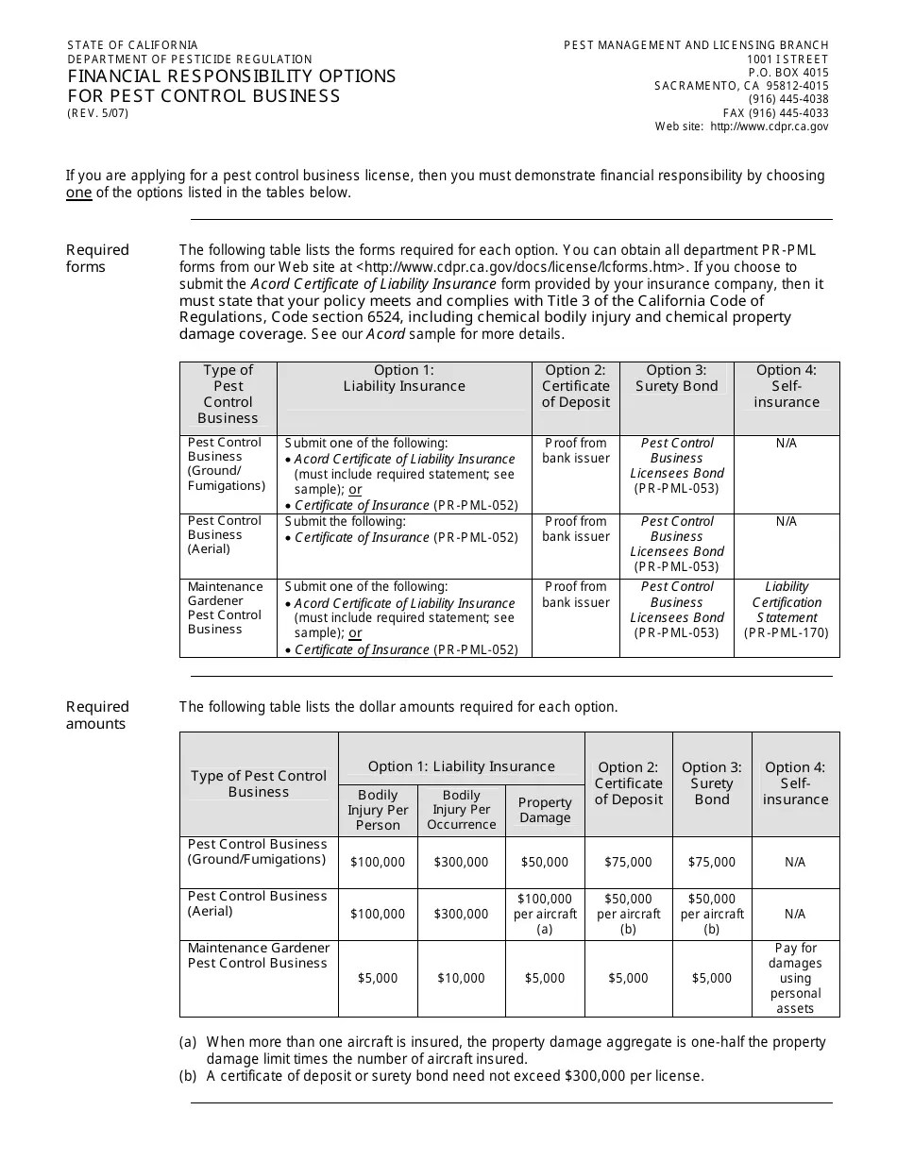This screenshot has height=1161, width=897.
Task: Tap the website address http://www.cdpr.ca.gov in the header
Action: (769, 126)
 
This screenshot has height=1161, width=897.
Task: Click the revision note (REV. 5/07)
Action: (97, 113)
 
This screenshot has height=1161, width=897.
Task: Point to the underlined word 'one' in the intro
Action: (78, 193)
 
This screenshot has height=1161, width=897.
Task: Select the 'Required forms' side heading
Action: (97, 258)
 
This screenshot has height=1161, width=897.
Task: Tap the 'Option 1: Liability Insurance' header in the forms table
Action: (404, 378)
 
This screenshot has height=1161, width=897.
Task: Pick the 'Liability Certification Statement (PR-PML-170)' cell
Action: (787, 610)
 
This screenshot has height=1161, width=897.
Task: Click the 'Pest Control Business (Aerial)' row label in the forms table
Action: (225, 534)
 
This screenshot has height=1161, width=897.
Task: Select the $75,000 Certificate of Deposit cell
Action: (628, 862)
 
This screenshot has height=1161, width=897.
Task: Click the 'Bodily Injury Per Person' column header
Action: (378, 810)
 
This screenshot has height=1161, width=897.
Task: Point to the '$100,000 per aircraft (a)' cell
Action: (545, 914)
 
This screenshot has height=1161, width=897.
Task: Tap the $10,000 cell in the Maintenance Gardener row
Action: (461, 978)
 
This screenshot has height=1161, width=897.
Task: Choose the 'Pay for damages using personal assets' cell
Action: (795, 978)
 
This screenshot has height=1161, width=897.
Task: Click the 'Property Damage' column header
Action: (545, 810)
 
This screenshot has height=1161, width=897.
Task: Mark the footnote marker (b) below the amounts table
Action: (188, 1075)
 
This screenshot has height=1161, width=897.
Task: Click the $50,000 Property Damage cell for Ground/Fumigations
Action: (545, 862)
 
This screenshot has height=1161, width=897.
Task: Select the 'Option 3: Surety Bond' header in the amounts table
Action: (711, 783)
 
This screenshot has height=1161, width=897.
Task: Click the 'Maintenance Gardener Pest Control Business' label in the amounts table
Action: (259, 955)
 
